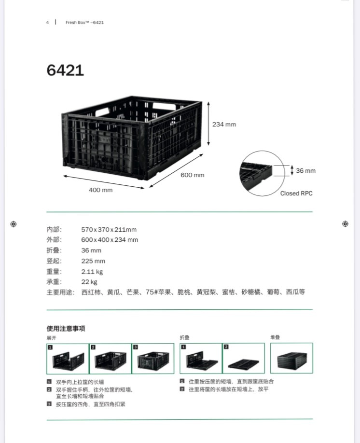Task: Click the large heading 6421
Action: pyautogui.click(x=65, y=70)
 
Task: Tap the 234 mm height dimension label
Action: pyautogui.click(x=224, y=125)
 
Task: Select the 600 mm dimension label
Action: pyautogui.click(x=193, y=175)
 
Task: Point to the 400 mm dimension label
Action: pyautogui.click(x=100, y=190)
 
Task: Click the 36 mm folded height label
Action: pyautogui.click(x=306, y=171)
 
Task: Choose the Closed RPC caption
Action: pyautogui.click(x=296, y=193)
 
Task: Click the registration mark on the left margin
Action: pyautogui.click(x=14, y=224)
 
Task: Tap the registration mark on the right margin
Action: pyautogui.click(x=345, y=224)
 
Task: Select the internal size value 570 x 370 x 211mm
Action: pyautogui.click(x=109, y=229)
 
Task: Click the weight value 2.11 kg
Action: pyautogui.click(x=92, y=272)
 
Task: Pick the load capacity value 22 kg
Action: pyautogui.click(x=89, y=282)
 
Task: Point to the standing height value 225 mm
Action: pyautogui.click(x=93, y=261)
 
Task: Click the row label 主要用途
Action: pyautogui.click(x=60, y=292)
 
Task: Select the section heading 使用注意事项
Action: pyautogui.click(x=66, y=328)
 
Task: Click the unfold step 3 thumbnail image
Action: pyautogui.click(x=153, y=359)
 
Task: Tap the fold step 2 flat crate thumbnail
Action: pyautogui.click(x=244, y=358)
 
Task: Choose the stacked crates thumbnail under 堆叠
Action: pyautogui.click(x=291, y=358)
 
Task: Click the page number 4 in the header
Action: pyautogui.click(x=47, y=22)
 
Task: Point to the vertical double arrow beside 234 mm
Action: pyautogui.click(x=208, y=124)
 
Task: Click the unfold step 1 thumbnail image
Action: pyautogui.click(x=68, y=359)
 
